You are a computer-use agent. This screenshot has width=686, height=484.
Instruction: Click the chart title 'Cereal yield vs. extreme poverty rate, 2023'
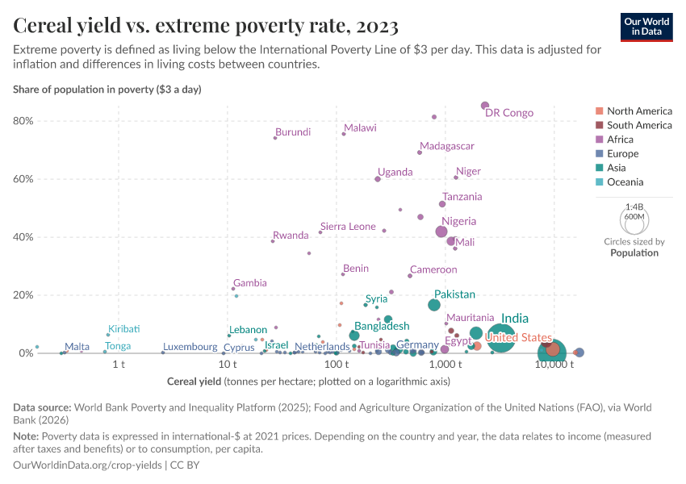(206, 27)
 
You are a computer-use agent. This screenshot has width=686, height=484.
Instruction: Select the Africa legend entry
(621, 140)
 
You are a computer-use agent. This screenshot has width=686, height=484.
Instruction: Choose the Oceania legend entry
(625, 182)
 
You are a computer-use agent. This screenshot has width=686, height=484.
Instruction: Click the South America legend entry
(638, 125)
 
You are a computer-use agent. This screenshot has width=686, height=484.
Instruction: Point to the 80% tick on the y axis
(23, 121)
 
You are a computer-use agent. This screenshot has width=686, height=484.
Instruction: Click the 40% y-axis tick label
(23, 237)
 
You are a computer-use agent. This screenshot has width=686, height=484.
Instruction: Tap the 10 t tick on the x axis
(227, 365)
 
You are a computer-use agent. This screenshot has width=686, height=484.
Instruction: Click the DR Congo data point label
(509, 113)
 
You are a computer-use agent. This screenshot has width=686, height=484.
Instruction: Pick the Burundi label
(293, 132)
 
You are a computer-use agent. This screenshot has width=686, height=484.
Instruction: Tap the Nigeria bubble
(441, 232)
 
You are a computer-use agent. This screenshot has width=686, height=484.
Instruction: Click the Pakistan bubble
(434, 305)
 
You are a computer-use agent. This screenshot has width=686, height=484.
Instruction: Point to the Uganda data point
(378, 179)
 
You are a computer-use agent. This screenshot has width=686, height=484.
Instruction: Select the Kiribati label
(124, 329)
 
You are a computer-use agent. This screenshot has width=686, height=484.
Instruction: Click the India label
(515, 319)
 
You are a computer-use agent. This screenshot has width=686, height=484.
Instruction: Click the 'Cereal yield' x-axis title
(194, 381)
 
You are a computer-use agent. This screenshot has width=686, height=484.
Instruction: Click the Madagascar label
(447, 146)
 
